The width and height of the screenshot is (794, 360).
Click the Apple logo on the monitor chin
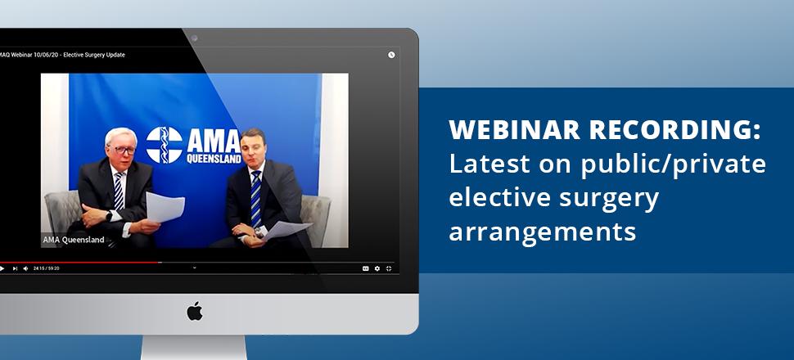tap(195, 311)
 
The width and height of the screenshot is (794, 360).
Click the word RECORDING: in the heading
tap(675, 129)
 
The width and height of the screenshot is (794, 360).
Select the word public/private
tap(673, 164)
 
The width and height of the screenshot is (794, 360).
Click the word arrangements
tap(543, 232)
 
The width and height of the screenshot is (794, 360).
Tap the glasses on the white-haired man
tap(123, 150)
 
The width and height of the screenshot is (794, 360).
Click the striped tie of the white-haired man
tap(119, 191)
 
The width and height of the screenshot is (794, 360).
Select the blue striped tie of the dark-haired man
tap(256, 199)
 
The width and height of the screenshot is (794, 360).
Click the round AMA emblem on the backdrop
tap(164, 145)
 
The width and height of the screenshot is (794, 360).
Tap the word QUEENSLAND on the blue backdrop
tap(214, 159)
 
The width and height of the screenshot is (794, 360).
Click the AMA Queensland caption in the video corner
tap(74, 240)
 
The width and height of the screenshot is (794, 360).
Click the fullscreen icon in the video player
tap(388, 268)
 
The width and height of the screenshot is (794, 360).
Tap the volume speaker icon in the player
tap(25, 268)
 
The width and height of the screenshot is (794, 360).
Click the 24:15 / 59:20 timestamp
tap(46, 268)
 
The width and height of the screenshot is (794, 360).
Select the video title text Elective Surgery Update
tap(94, 55)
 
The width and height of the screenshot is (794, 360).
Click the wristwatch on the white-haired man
tap(109, 215)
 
